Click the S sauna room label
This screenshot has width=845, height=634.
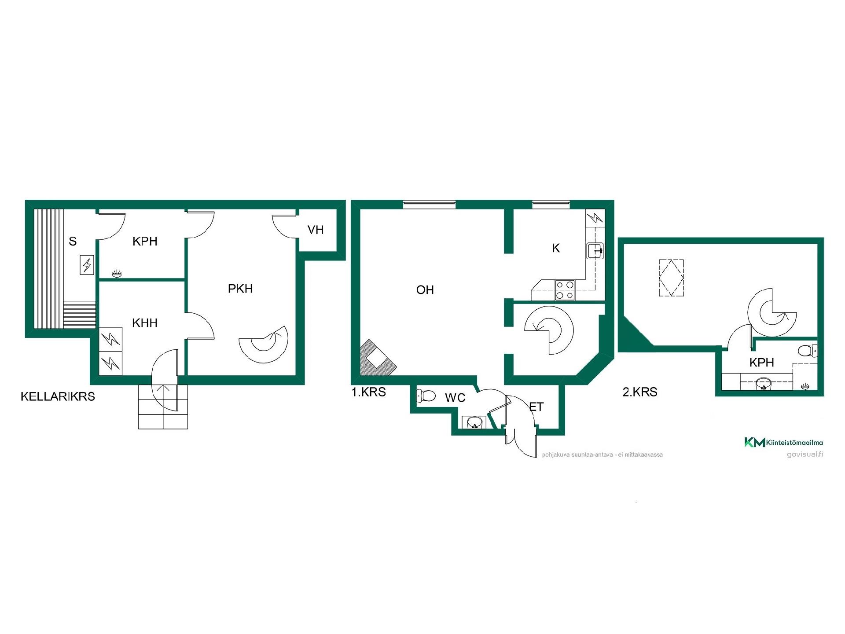(73, 241)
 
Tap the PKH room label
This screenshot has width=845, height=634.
(240, 289)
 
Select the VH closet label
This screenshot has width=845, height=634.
(316, 230)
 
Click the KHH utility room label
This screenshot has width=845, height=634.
(145, 323)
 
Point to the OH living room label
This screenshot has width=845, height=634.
(425, 290)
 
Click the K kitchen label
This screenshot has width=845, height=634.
(556, 248)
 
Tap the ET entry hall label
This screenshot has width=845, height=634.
(536, 407)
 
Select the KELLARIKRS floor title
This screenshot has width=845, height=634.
(58, 396)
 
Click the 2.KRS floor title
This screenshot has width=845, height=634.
(640, 392)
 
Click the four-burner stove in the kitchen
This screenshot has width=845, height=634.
(565, 290)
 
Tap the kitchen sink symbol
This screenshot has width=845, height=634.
(595, 251)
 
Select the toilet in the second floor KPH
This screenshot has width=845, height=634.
(808, 351)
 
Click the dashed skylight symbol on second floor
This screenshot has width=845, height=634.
(671, 278)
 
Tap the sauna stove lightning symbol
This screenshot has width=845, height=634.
(87, 265)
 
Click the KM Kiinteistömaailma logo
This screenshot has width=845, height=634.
(783, 442)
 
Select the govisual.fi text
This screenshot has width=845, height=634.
(805, 454)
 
